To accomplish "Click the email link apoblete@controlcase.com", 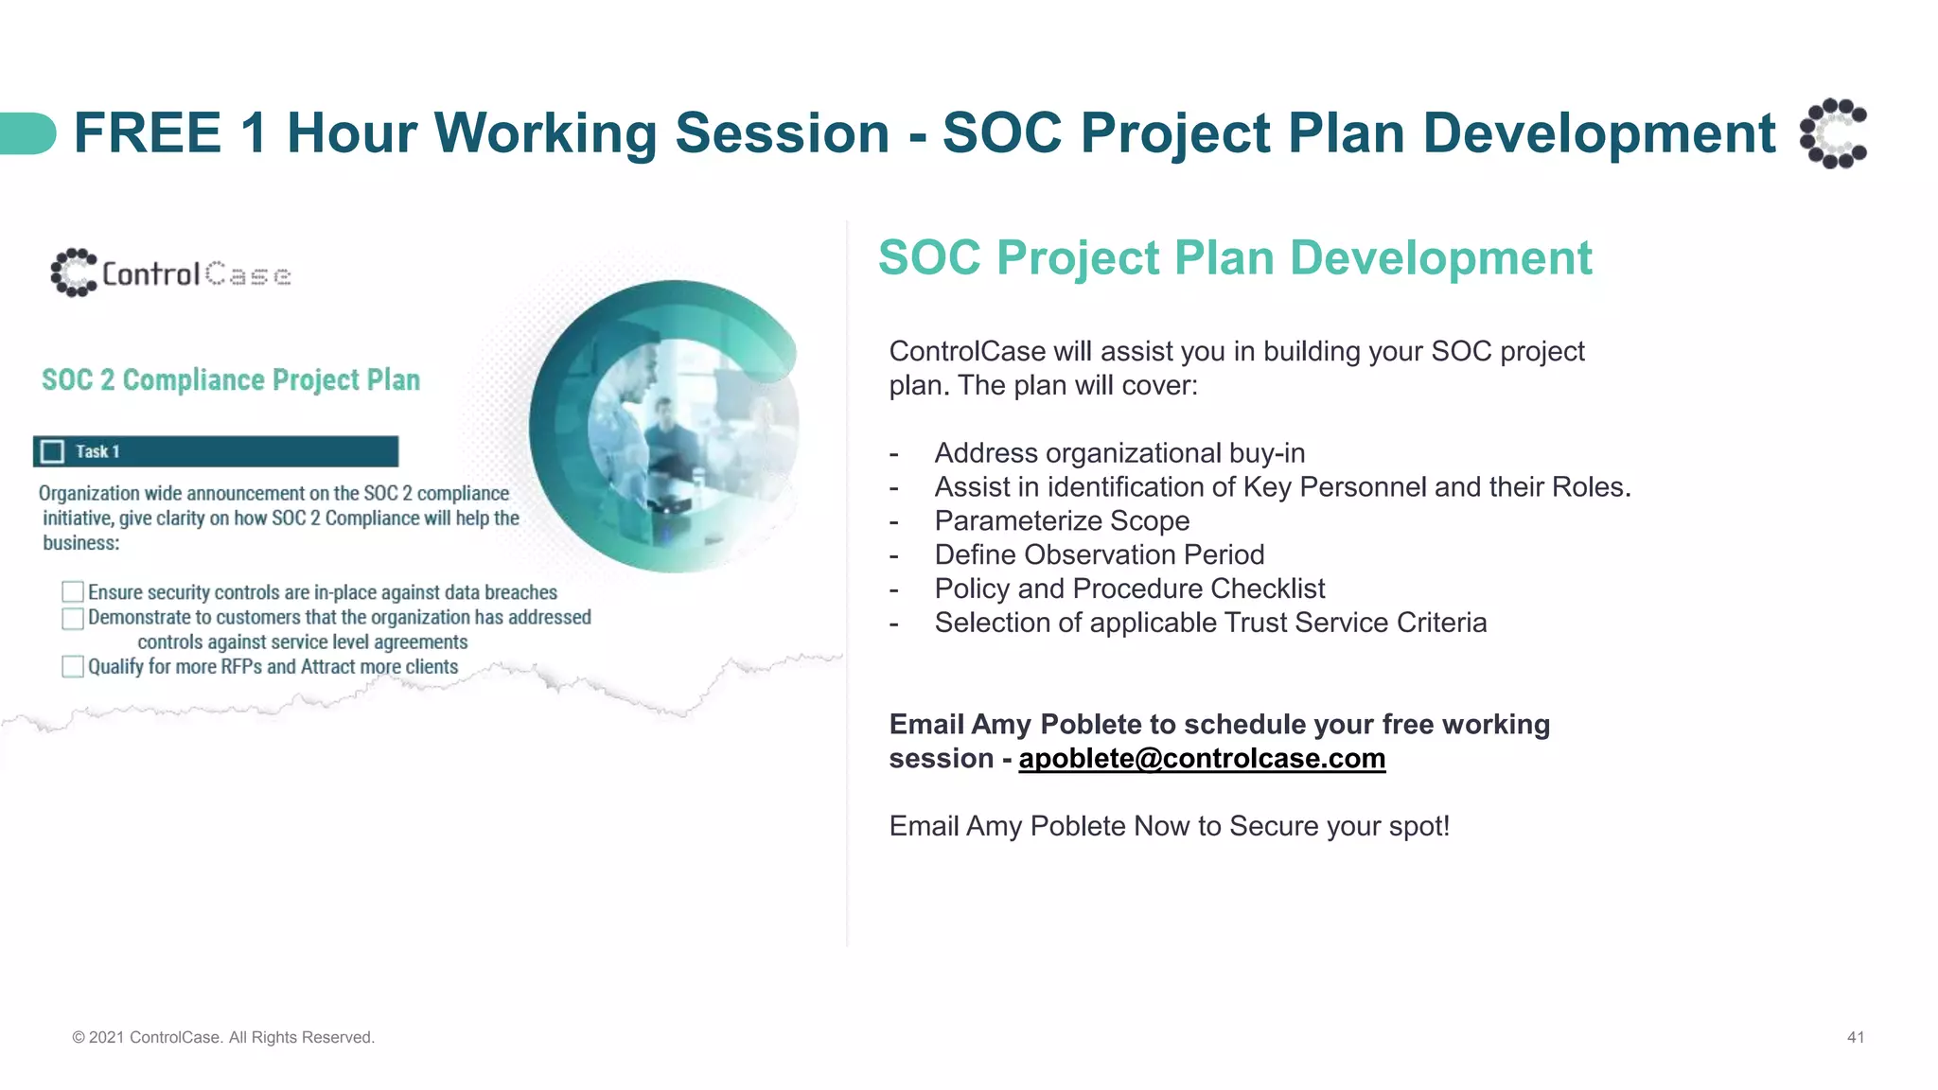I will pyautogui.click(x=1201, y=759).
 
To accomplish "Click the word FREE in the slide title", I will pyautogui.click(x=148, y=132).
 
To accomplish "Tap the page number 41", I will pyautogui.click(x=1855, y=1037).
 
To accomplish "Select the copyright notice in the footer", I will pyautogui.click(x=223, y=1037).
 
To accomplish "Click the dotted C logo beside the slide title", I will pyautogui.click(x=1833, y=132).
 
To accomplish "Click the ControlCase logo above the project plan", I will pyautogui.click(x=170, y=273).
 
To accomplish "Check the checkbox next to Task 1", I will pyautogui.click(x=53, y=451).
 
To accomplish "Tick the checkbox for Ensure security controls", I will pyautogui.click(x=73, y=592).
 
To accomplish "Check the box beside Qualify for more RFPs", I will pyautogui.click(x=73, y=667).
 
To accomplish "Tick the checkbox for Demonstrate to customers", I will pyautogui.click(x=73, y=619).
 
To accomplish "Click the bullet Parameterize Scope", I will pyautogui.click(x=1061, y=521).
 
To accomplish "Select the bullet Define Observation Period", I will pyautogui.click(x=1099, y=555).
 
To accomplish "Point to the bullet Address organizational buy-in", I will pyautogui.click(x=1119, y=453).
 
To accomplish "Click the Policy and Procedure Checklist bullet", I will pyautogui.click(x=1129, y=589).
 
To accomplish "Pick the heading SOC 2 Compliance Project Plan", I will pyautogui.click(x=230, y=380).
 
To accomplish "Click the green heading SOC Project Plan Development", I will pyautogui.click(x=1234, y=258).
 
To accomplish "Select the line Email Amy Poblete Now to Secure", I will pyautogui.click(x=1169, y=826).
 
